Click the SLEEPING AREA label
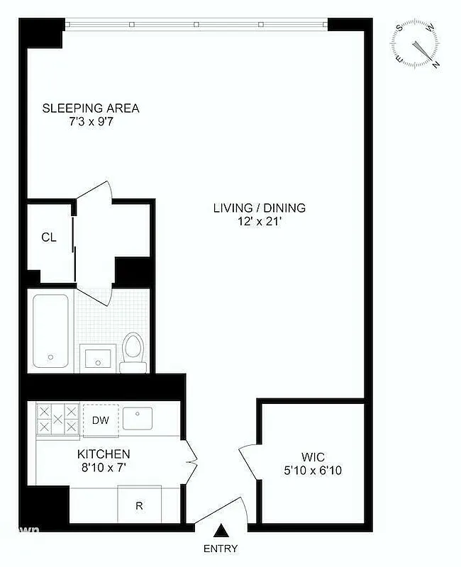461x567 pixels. [x=91, y=108]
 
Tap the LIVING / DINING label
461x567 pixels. [x=260, y=208]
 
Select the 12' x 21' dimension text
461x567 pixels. [x=260, y=221]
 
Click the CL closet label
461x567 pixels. [x=48, y=237]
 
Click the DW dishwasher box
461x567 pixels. [x=100, y=420]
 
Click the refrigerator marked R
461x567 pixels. [x=140, y=505]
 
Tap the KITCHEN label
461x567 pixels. [x=104, y=454]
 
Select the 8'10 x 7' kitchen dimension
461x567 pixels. [x=104, y=467]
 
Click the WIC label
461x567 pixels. [x=312, y=456]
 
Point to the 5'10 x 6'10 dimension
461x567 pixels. [x=312, y=470]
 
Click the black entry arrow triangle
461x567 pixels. [x=221, y=530]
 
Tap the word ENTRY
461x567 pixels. [x=221, y=549]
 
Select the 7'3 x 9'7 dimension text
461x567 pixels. [x=91, y=122]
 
